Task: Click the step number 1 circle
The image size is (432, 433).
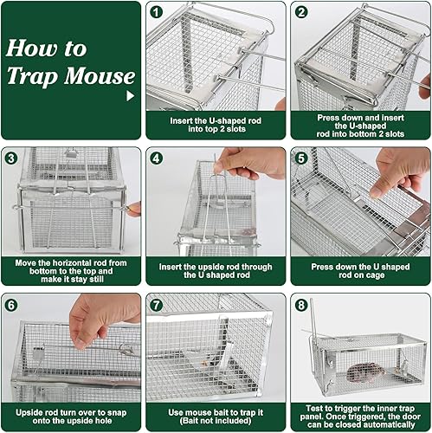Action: point(156,12)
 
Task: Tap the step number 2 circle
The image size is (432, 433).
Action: point(301,12)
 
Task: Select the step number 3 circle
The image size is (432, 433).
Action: point(12,158)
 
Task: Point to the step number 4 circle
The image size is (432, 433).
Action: point(156,158)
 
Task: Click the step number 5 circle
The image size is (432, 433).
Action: point(301,158)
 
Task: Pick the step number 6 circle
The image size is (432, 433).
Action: point(12,305)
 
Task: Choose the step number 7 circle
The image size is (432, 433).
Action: point(156,305)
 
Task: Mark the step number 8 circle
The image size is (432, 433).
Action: point(301,305)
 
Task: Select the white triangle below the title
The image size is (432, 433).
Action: point(131,96)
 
